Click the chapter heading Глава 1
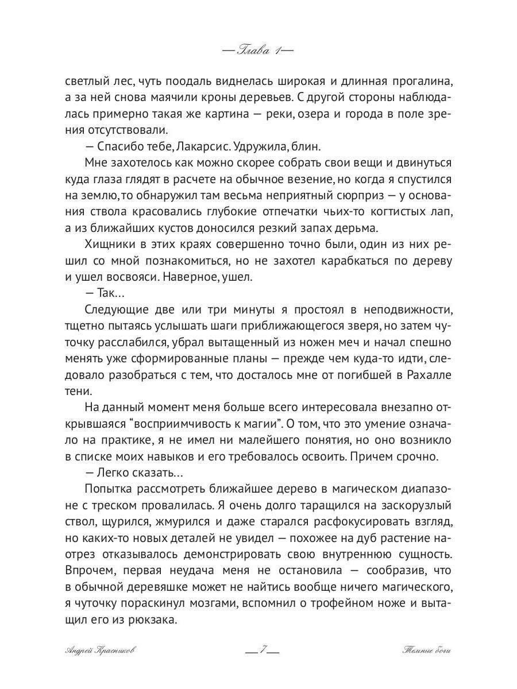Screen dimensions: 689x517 [x=258, y=50]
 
